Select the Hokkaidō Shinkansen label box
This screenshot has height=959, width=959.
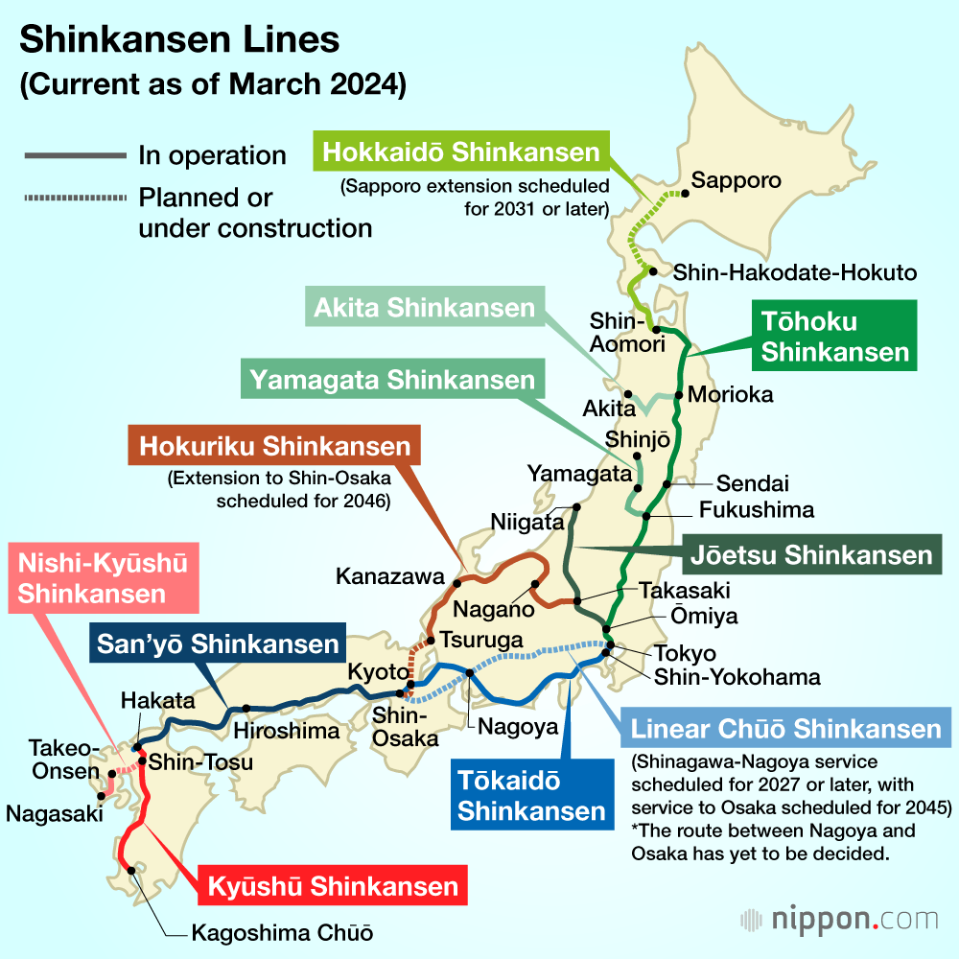pos(461,152)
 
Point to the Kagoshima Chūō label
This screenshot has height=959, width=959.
pos(281,932)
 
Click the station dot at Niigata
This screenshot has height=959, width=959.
pos(576,507)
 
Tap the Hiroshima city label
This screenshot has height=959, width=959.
pos(287,731)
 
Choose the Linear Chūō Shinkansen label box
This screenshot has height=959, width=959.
pos(785,730)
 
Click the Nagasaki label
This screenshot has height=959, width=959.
pos(54,813)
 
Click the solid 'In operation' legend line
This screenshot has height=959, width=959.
pos(73,155)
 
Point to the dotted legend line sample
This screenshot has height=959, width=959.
pos(73,199)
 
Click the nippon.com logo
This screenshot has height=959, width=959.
pos(839,920)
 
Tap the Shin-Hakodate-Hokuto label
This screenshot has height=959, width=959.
pos(795,272)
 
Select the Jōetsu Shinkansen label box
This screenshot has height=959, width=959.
pos(811,554)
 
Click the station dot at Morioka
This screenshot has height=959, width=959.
pos(679,394)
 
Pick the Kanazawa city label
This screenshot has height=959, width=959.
pos(390,576)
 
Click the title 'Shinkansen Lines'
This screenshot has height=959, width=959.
pos(179,40)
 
